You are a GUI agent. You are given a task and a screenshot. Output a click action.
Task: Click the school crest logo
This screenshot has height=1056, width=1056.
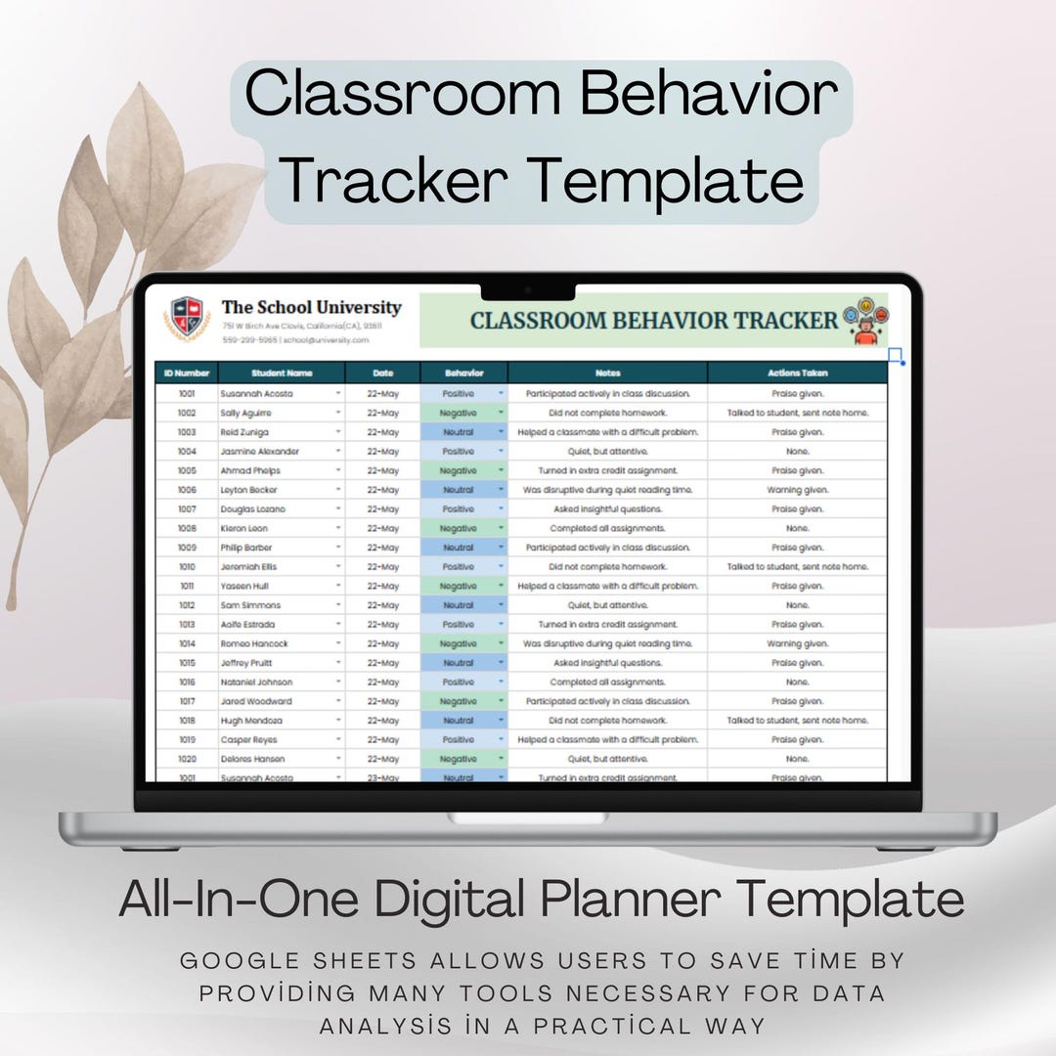point(188,320)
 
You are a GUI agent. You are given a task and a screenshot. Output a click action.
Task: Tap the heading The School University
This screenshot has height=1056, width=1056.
point(311,307)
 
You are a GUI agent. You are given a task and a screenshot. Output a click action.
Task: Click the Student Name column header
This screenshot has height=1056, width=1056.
point(281,373)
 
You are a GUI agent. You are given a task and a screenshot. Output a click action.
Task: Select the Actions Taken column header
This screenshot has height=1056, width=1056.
point(797,373)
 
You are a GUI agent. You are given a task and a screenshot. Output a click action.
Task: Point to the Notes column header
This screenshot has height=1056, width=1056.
point(607,373)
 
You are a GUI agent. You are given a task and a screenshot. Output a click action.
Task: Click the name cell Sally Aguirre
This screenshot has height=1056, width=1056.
point(245,413)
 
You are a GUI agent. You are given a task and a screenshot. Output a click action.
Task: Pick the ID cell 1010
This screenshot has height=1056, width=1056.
point(186,566)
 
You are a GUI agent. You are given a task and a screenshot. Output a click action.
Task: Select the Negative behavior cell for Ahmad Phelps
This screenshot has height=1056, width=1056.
point(459,470)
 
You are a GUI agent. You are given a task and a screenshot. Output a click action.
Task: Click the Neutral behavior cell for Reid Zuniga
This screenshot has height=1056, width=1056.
point(459,432)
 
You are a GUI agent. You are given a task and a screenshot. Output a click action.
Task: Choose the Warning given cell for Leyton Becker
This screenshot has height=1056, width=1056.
point(797,490)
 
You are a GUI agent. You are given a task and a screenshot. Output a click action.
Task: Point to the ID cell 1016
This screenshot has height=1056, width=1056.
point(186,682)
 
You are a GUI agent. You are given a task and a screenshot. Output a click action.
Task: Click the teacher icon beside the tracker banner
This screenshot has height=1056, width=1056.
point(865,321)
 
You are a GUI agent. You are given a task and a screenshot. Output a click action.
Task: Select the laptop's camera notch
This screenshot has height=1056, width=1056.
point(528,290)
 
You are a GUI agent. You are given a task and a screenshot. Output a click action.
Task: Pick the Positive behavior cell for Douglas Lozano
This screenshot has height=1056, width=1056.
point(459,508)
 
